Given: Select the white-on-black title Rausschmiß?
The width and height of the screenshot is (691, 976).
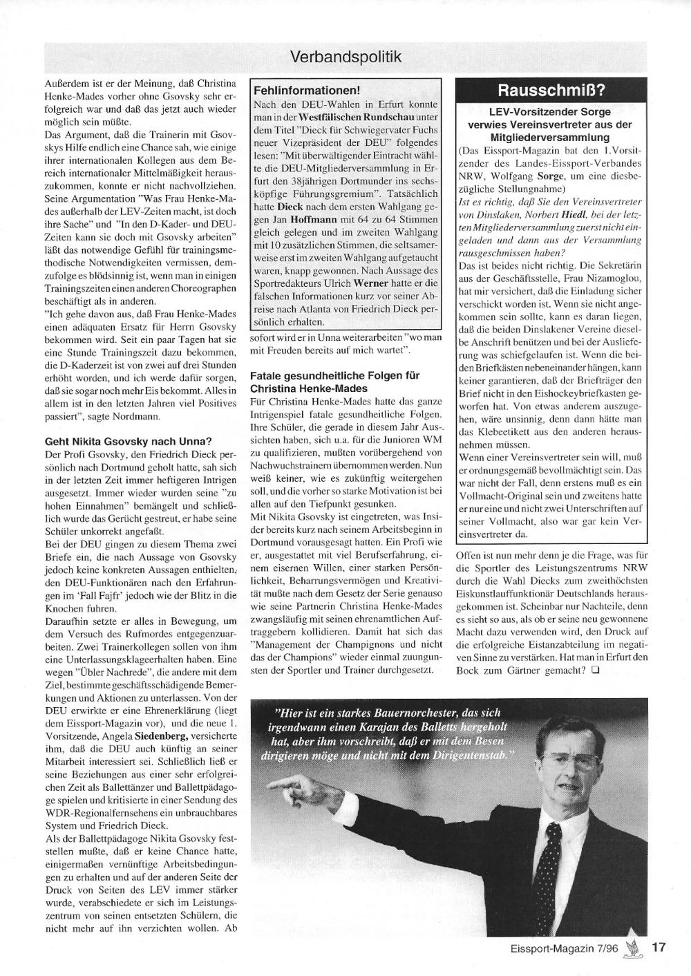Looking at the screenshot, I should pos(552,91).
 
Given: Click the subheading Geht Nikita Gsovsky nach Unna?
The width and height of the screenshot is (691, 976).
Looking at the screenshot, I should pos(128,440).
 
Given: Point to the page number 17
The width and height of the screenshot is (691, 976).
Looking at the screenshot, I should pos(659,948).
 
